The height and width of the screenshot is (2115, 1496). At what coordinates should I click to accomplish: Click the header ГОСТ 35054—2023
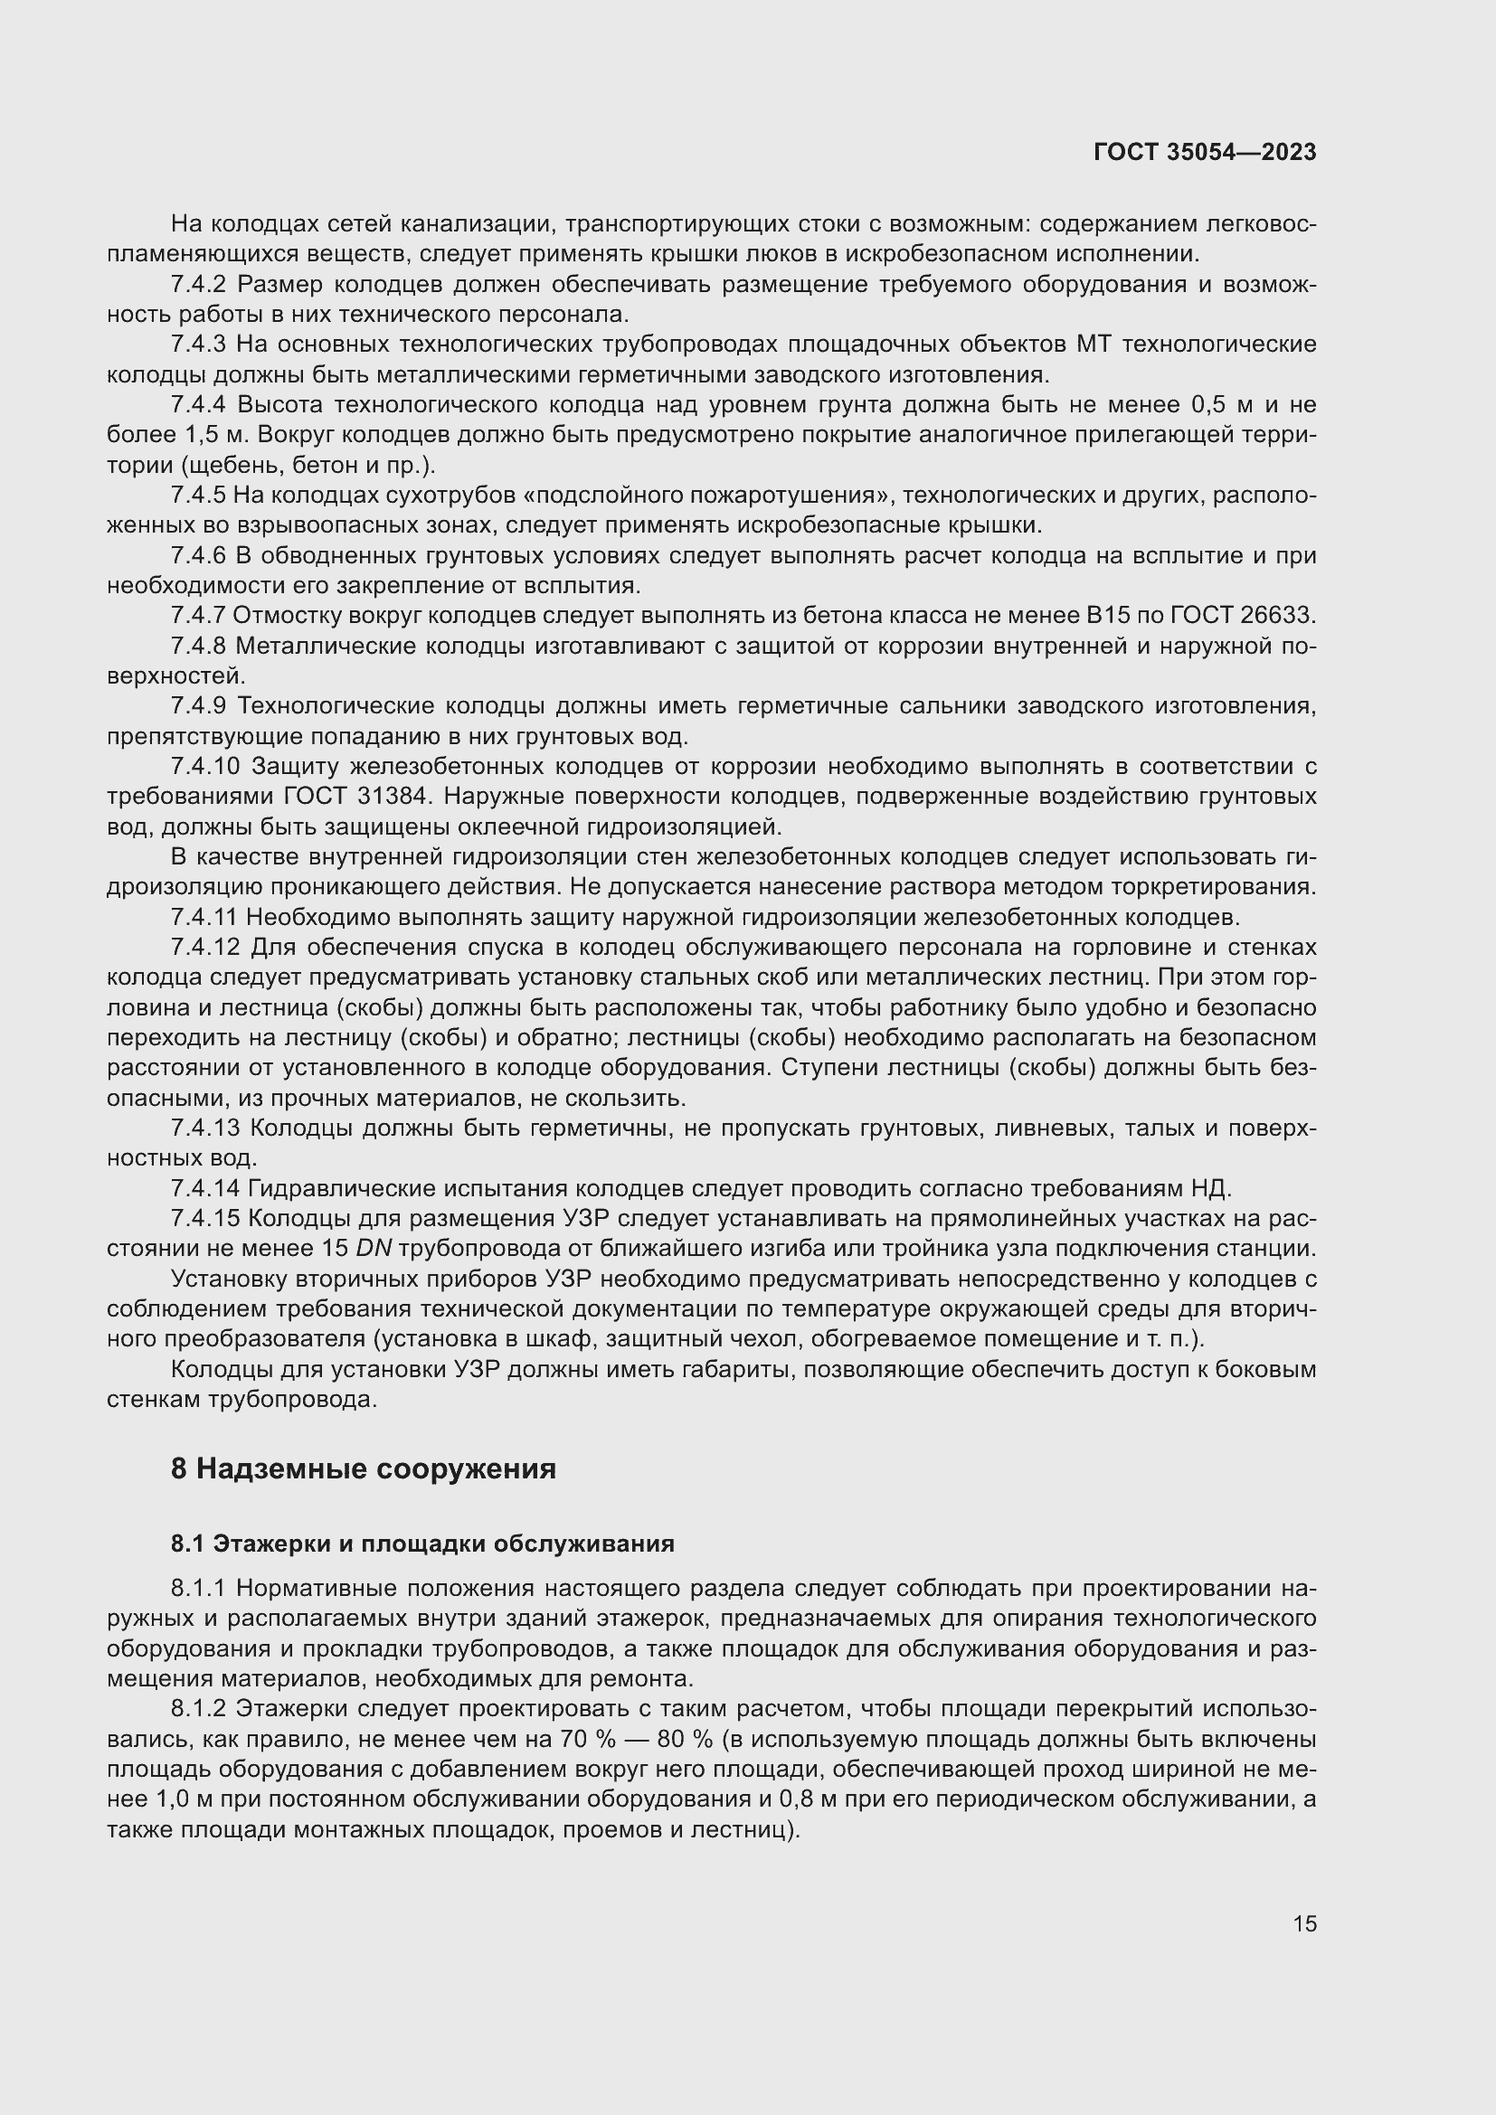pyautogui.click(x=1204, y=152)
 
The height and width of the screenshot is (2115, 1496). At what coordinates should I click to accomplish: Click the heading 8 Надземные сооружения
pyautogui.click(x=363, y=1468)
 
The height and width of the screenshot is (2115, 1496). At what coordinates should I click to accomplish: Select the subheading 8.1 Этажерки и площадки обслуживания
pyautogui.click(x=421, y=1544)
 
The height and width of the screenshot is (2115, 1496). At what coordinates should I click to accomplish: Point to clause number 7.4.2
pyautogui.click(x=197, y=285)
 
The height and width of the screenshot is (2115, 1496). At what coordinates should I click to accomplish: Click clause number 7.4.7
pyautogui.click(x=197, y=616)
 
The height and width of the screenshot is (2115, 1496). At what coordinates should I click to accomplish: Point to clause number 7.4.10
pyautogui.click(x=204, y=767)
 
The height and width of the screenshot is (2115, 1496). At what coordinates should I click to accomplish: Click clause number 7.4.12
pyautogui.click(x=204, y=947)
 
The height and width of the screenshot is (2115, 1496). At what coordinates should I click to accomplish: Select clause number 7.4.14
pyautogui.click(x=204, y=1188)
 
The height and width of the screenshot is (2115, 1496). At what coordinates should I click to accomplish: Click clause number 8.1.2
pyautogui.click(x=197, y=1709)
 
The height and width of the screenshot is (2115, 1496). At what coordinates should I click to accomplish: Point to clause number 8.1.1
pyautogui.click(x=197, y=1589)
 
